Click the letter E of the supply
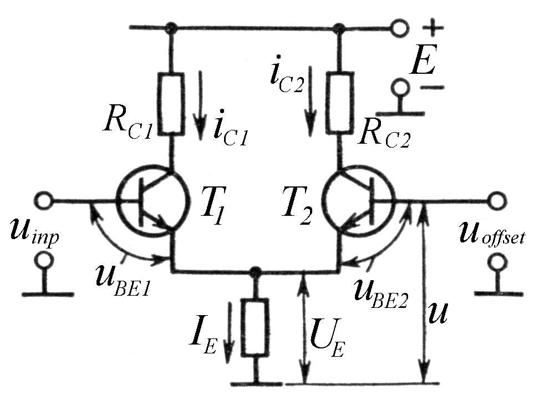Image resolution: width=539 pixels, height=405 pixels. pos(422,64)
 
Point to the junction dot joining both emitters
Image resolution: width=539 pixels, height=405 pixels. pos(255,272)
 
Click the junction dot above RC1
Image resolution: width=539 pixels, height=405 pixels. pos(172,27)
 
